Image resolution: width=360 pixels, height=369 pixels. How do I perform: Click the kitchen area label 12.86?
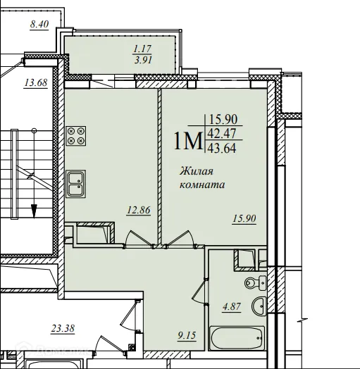click(139, 210)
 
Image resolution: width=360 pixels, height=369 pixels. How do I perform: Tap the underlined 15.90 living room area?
click(244, 218)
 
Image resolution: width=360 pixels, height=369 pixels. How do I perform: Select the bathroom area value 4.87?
click(232, 306)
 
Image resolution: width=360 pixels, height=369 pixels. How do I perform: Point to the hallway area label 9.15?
click(187, 335)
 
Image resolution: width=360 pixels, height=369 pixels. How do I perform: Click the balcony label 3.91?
click(143, 60)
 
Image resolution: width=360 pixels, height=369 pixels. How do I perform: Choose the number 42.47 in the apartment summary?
click(222, 134)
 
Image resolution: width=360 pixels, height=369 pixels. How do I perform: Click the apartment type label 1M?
click(188, 141)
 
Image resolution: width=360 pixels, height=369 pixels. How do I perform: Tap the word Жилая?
click(197, 171)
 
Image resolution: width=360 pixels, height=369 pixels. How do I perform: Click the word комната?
click(202, 184)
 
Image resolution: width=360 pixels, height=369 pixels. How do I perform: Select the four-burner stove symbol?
click(76, 136)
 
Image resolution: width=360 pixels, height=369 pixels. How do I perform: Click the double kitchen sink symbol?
click(76, 184)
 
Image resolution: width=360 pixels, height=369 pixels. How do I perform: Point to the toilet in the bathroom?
click(256, 282)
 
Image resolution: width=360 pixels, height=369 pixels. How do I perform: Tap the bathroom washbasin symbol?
click(259, 306)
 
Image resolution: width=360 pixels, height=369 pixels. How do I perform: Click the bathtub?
click(237, 338)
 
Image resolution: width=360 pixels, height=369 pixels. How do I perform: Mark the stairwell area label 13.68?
click(36, 82)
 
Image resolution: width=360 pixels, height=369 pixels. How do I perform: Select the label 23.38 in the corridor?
click(63, 328)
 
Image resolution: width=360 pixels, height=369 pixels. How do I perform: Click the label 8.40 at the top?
click(39, 24)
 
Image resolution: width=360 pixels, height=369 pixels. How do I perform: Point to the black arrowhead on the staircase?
click(34, 211)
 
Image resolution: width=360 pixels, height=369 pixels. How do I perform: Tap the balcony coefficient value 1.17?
click(142, 49)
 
